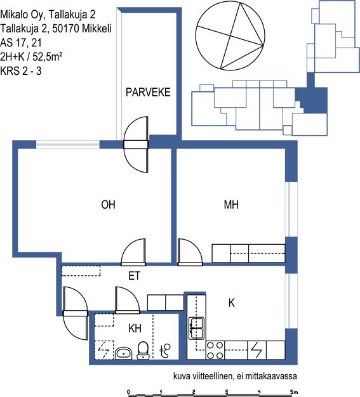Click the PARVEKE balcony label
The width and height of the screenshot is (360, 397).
pyautogui.click(x=148, y=93)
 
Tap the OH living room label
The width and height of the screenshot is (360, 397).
pyautogui.click(x=108, y=205)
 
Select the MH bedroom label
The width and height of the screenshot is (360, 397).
pyautogui.click(x=231, y=205)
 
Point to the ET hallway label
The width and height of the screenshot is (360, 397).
pyautogui.click(x=135, y=276)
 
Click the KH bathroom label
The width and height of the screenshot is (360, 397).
pyautogui.click(x=135, y=329)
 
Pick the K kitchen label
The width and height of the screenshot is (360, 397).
pyautogui.click(x=232, y=303)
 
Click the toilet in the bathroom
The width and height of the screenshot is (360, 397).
pyautogui.click(x=143, y=351)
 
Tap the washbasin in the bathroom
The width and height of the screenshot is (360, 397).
pyautogui.click(x=123, y=353)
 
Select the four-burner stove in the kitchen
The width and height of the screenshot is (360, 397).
pyautogui.click(x=215, y=350)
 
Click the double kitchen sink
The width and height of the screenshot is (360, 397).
pyautogui.click(x=197, y=329)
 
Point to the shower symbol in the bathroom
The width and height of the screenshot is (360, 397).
pyautogui.click(x=165, y=351)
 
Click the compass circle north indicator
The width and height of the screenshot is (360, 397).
pyautogui.click(x=230, y=36)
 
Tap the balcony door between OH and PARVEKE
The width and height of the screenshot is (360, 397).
pyautogui.click(x=136, y=145)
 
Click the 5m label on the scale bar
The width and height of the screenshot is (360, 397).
pyautogui.click(x=294, y=392)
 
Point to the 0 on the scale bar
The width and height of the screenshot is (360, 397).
pyautogui.click(x=128, y=392)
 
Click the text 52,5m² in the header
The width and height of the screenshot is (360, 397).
pyautogui.click(x=48, y=56)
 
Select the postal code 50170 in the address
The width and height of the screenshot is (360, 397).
pyautogui.click(x=65, y=29)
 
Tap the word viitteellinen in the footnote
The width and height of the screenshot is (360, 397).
pyautogui.click(x=213, y=376)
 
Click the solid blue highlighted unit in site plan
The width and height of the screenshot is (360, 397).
pyautogui.click(x=312, y=98)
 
